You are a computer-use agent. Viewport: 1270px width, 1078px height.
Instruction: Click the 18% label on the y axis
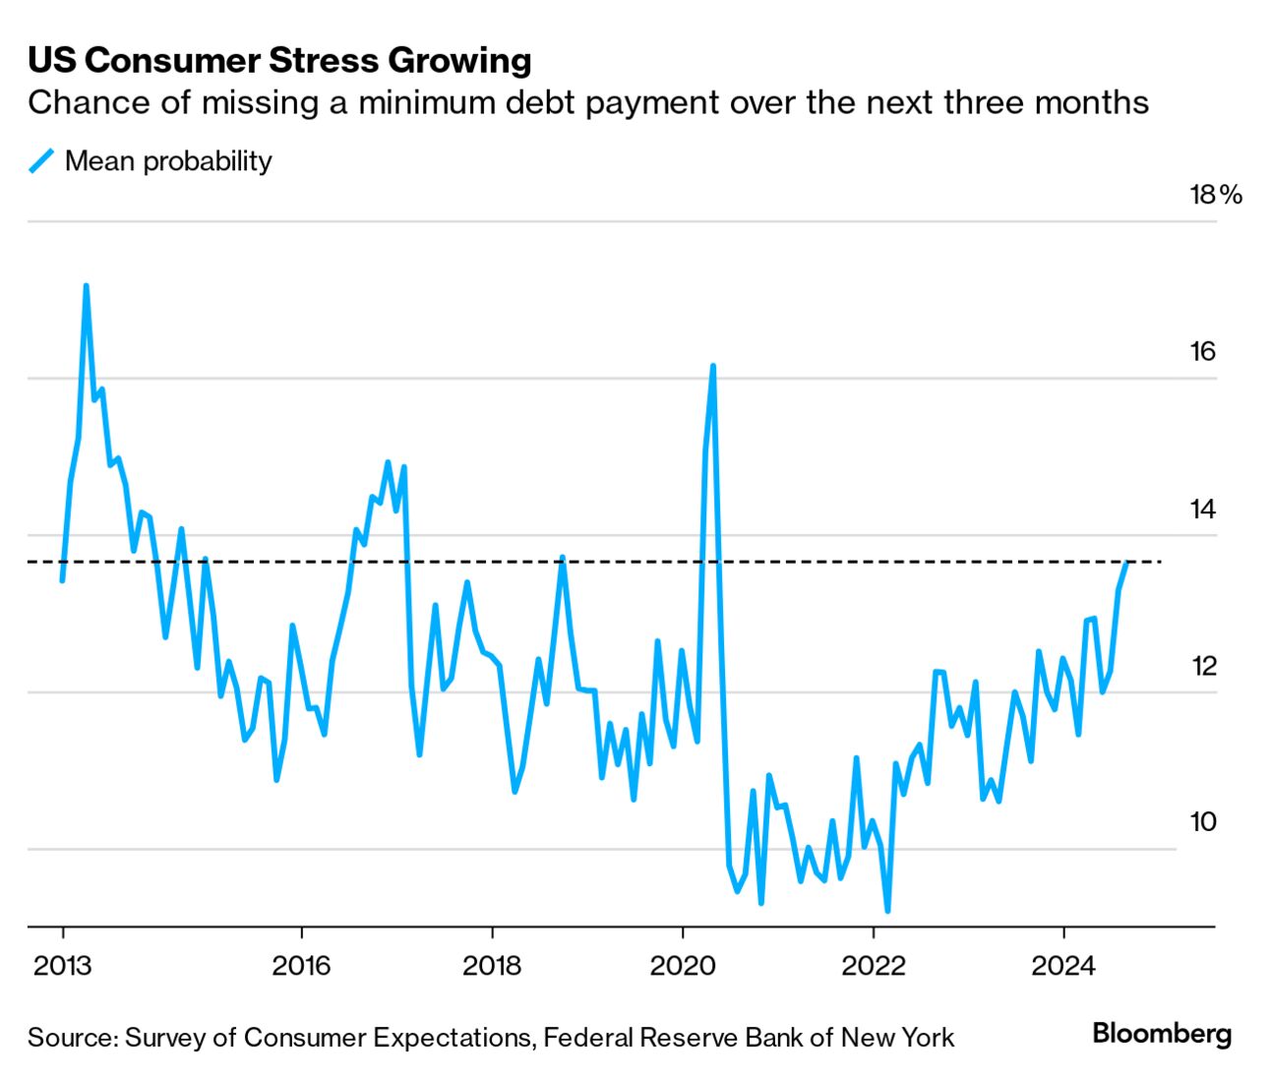pos(1216,195)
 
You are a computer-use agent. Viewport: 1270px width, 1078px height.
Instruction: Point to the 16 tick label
pos(1203,352)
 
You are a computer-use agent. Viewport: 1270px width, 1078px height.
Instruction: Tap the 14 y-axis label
pos(1203,509)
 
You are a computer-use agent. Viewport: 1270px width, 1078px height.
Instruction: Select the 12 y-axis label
pos(1203,666)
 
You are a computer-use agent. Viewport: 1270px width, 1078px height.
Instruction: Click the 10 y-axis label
pos(1203,822)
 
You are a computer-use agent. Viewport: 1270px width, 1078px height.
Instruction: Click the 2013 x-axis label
pos(62,966)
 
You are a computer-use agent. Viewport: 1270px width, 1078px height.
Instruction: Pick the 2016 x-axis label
pos(301,966)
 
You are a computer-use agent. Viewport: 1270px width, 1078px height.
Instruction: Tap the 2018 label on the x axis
pos(492,966)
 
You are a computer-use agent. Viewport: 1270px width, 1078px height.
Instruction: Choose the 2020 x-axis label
pos(682,966)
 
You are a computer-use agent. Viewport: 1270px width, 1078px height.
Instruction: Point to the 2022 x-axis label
pos(873,966)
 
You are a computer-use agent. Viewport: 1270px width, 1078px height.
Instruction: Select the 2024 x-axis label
pos(1063,966)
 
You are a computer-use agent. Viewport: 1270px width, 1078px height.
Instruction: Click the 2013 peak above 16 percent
pos(87,286)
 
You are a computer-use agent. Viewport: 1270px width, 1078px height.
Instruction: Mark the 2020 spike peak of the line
pos(712,366)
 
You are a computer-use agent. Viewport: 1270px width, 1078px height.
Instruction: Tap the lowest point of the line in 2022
pos(887,911)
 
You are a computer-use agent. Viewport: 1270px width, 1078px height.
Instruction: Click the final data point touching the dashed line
pos(1126,562)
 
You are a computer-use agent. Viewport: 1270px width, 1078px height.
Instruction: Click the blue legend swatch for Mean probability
pos(42,161)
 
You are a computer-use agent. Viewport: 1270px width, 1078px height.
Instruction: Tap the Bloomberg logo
pos(1162,1035)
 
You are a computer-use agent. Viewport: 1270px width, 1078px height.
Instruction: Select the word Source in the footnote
pos(70,1038)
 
